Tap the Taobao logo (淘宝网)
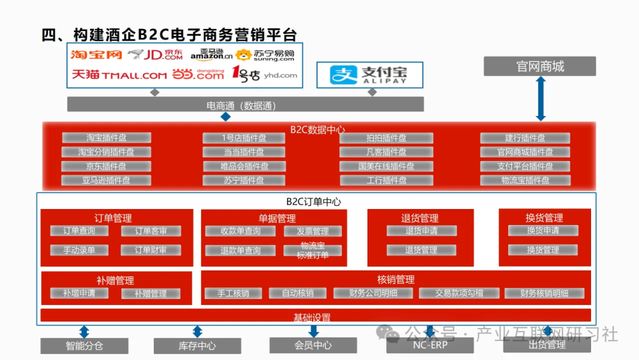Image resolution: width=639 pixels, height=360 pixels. coord(96,55)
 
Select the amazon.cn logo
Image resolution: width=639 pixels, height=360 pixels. coord(211,55)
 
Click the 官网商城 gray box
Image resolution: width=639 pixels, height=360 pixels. coord(540,66)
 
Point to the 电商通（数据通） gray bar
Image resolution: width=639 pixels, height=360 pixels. coord(245,105)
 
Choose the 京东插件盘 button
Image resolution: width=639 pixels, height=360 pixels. coord(106,166)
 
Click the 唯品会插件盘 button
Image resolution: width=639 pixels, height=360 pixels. coord(244,166)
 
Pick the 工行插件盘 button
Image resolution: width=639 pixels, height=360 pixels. coord(386,181)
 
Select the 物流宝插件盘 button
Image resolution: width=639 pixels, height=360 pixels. coord(525,181)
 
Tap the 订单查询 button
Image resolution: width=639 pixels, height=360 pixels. coord(79,231)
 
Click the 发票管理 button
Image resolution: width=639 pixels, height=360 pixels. coord(312,232)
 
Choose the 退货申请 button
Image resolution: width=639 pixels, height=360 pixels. coord(421,231)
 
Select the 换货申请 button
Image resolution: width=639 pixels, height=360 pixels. coord(543,230)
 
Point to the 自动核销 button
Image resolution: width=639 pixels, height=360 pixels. coord(298,293)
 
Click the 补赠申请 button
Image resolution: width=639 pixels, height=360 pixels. coord(79,293)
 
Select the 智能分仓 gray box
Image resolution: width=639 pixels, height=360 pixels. coord(84,346)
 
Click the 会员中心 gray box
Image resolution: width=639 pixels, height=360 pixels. coord(313,345)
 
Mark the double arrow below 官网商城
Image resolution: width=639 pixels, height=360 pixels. coord(540,98)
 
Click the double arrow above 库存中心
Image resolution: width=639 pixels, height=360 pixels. coord(197,332)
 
